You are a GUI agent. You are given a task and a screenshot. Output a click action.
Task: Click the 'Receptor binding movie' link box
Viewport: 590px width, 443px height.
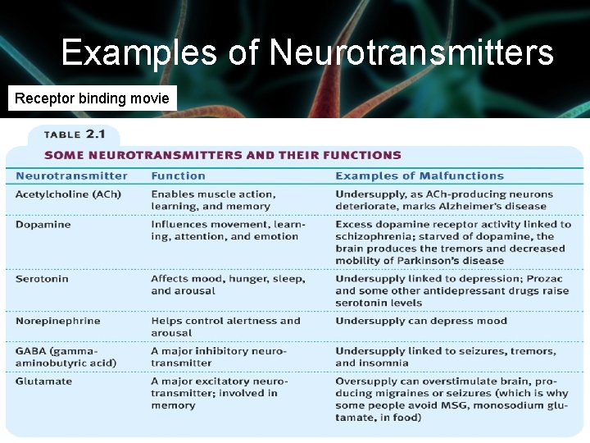click(92, 98)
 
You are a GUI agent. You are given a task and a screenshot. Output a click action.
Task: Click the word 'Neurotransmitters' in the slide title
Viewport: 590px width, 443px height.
click(411, 53)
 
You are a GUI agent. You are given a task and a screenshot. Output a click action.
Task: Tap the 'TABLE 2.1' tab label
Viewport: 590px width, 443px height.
click(74, 135)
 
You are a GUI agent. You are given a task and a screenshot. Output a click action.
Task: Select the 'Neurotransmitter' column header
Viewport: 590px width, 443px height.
click(71, 176)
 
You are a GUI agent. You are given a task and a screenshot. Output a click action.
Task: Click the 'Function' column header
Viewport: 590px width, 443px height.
click(178, 176)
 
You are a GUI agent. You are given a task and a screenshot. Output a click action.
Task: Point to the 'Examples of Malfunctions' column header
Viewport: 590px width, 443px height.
click(420, 176)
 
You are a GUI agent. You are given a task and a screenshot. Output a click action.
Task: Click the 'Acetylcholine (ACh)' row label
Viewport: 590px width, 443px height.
click(68, 194)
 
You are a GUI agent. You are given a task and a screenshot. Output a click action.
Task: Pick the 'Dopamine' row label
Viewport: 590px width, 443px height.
click(43, 225)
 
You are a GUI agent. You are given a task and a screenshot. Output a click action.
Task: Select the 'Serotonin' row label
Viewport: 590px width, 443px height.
click(42, 279)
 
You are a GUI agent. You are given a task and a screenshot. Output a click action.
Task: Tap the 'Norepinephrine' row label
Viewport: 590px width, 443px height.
click(57, 321)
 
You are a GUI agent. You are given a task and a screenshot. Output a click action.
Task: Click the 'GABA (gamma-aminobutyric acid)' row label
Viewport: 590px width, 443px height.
click(66, 357)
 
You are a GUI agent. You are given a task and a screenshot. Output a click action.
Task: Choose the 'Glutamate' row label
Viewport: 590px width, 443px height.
click(43, 381)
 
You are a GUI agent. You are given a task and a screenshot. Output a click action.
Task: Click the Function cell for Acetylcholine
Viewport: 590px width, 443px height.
click(213, 200)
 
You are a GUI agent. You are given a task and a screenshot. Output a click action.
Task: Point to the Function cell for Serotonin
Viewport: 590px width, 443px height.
click(228, 285)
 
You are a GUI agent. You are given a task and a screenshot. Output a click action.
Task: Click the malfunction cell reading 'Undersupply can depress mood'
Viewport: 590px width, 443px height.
click(421, 321)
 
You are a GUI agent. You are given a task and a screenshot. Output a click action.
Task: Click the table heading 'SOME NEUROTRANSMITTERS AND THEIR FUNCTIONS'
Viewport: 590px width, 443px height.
click(223, 155)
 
